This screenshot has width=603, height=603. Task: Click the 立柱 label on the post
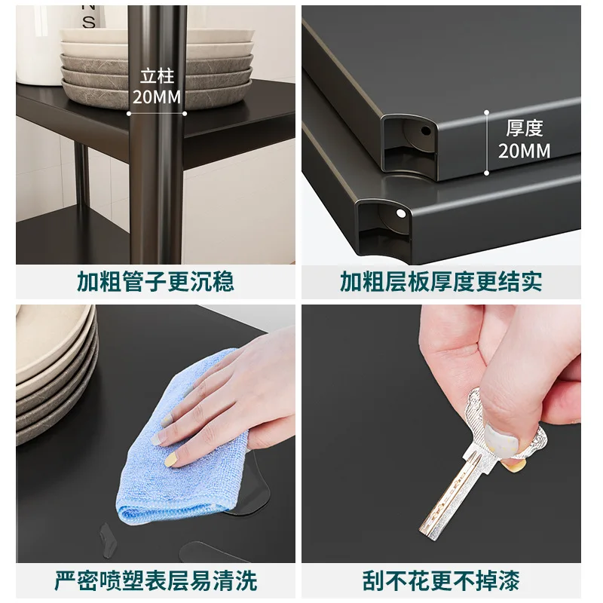pos(157,76)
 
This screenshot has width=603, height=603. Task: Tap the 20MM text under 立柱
pos(157,97)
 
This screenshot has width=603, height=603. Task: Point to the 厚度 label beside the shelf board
pos(524,128)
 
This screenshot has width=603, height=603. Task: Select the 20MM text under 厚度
pos(524,151)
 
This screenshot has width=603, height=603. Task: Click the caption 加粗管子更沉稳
pos(155,281)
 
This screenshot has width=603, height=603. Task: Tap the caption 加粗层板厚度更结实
pos(441,281)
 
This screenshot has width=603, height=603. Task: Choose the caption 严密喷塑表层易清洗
pos(155,580)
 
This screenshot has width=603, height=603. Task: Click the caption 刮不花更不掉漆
pos(441,580)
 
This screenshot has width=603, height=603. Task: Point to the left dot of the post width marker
pos(129,114)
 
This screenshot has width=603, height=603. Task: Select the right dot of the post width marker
pos(185,114)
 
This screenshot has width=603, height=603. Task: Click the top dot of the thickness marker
pos(486,112)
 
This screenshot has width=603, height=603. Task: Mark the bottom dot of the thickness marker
pos(486,173)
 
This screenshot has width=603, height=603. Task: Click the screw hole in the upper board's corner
pos(426,130)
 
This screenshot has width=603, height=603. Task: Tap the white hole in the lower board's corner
pos(400,213)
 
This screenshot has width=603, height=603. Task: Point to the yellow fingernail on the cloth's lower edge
pos(171,460)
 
